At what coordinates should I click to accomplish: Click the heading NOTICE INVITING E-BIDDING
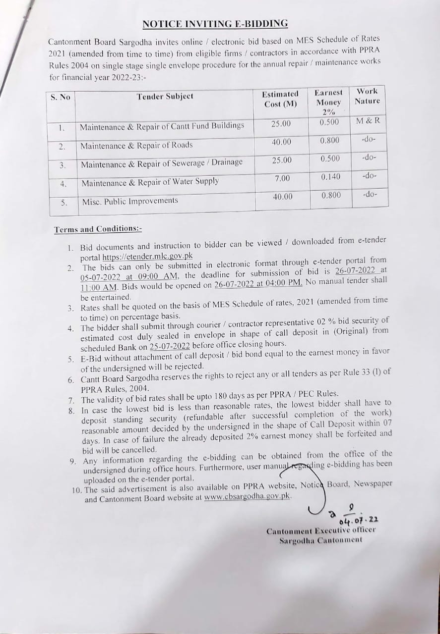click(x=215, y=24)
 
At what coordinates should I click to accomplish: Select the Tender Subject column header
click(x=165, y=96)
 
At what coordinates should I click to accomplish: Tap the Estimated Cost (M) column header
click(x=280, y=99)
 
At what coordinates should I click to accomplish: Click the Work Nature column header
click(x=367, y=96)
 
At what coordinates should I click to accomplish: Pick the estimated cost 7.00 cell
click(x=282, y=178)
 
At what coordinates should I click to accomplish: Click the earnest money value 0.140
click(x=330, y=176)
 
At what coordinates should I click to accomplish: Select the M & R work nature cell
click(x=368, y=121)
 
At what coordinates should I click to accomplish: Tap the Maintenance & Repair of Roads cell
click(x=136, y=145)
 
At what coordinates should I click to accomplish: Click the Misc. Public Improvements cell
click(x=129, y=201)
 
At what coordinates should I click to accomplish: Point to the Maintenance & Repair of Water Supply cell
click(x=150, y=182)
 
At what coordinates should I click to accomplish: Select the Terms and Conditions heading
click(x=98, y=229)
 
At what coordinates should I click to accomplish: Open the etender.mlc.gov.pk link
click(x=147, y=257)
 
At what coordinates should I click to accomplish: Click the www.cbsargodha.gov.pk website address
click(x=247, y=496)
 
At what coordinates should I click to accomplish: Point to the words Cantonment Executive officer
click(x=321, y=530)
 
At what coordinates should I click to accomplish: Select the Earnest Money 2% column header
click(x=328, y=102)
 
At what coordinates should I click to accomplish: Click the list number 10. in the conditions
click(x=77, y=490)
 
